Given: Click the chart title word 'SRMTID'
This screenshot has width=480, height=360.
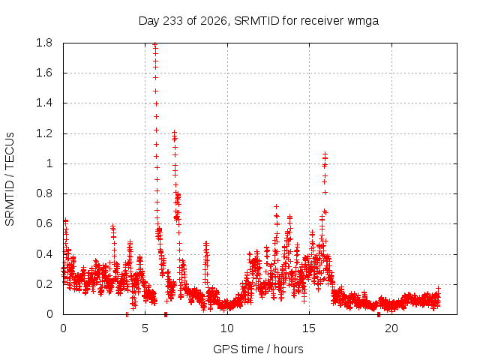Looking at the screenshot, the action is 256,21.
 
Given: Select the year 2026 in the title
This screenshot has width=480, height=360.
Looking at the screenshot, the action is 214,21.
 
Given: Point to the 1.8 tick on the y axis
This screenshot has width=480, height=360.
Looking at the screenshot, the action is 44,43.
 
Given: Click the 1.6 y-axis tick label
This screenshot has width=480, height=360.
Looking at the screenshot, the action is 44,73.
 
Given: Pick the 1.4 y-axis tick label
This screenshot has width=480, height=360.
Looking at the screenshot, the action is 44,103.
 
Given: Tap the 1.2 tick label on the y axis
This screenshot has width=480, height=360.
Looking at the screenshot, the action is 44,133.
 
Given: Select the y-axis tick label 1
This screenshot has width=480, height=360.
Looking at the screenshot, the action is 49,163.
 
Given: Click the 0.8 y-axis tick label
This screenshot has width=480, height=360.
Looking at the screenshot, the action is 44,193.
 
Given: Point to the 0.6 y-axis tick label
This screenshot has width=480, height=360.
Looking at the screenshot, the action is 44,223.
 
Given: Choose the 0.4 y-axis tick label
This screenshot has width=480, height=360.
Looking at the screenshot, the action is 44,253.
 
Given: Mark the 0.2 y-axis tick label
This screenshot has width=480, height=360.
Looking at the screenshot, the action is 44,284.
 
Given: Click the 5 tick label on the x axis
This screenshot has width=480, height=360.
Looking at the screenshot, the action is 145,328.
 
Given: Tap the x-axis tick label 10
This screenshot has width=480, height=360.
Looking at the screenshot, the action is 227,328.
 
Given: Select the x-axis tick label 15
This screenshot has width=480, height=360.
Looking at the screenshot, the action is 309,328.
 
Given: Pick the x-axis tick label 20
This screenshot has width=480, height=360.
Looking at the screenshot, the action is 391,328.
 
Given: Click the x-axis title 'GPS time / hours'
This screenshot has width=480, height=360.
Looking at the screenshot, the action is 258,349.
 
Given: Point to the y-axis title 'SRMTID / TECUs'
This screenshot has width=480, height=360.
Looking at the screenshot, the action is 10,179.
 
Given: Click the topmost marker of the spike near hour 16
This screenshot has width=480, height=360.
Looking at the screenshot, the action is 325,154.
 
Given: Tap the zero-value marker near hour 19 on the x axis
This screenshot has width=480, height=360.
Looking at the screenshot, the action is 379,314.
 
